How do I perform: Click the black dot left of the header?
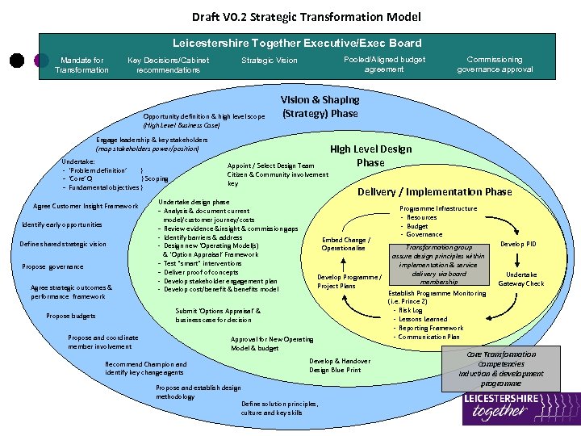[x=15, y=61]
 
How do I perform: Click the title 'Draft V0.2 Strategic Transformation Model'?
[x=306, y=16]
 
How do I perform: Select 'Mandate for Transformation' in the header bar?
[x=82, y=65]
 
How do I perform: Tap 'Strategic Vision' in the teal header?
[x=270, y=61]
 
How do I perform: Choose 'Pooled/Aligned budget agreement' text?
[x=383, y=65]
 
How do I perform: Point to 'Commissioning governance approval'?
[x=495, y=65]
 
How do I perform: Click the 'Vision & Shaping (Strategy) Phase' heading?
[x=320, y=107]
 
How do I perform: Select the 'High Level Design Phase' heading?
[x=370, y=155]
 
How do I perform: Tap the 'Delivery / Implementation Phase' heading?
[x=434, y=191]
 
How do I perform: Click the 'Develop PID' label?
[x=518, y=244]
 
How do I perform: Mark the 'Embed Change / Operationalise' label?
[x=346, y=244]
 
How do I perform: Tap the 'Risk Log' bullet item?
[x=410, y=310]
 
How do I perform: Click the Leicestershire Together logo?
[x=520, y=409]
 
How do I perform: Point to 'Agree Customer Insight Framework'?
[x=86, y=206]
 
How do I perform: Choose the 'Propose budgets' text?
[x=71, y=317]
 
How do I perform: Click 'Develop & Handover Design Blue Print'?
[x=340, y=366]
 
